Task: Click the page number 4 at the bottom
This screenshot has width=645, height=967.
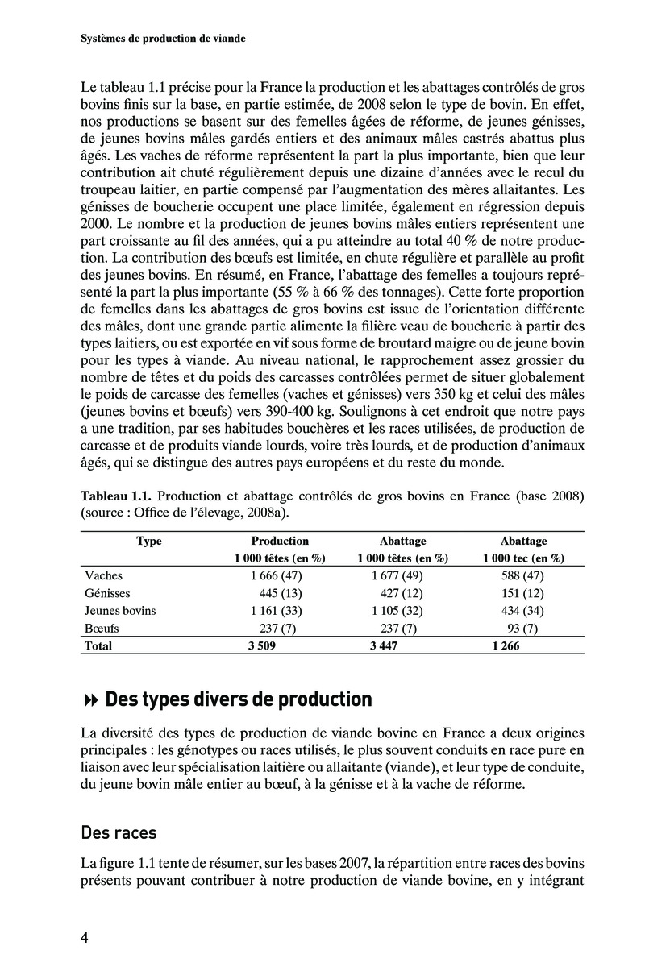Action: (x=84, y=937)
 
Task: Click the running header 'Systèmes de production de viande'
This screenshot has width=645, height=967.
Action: (x=163, y=38)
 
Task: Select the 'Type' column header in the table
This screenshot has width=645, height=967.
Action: (x=149, y=542)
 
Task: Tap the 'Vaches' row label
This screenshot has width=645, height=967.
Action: (x=103, y=576)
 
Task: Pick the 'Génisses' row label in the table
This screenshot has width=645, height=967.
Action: (x=108, y=593)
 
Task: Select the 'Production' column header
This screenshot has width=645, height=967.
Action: (x=280, y=542)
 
